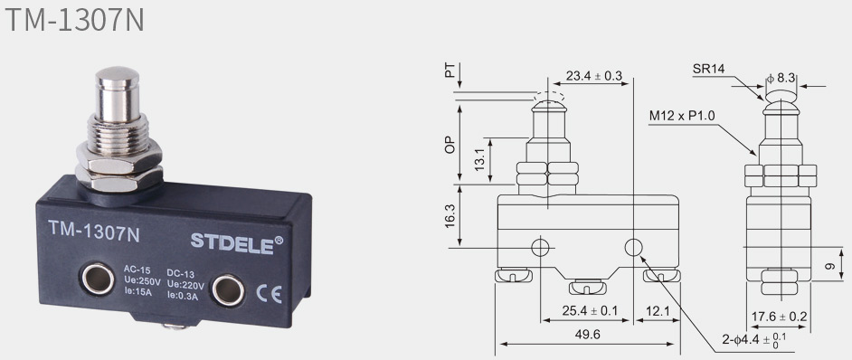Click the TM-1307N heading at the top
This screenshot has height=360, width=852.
(74, 20)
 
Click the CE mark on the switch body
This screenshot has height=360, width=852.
(269, 294)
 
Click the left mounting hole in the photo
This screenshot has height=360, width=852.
(98, 279)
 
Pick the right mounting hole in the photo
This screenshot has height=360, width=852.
(228, 289)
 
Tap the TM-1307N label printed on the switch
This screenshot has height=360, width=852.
(94, 232)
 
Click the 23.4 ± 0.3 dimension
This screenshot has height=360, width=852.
(593, 75)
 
